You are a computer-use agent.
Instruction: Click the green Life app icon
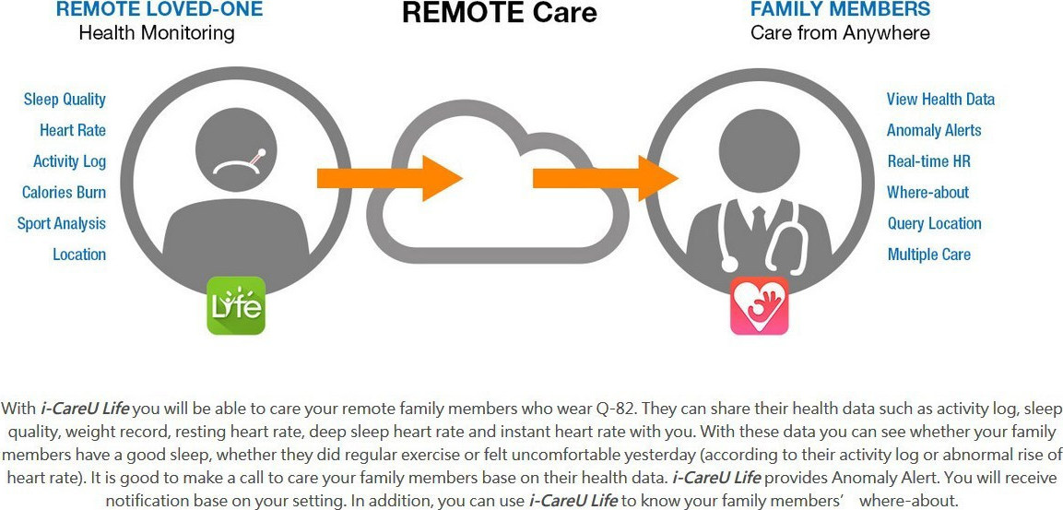click(235, 305)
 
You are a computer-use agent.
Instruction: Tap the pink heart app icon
click(760, 305)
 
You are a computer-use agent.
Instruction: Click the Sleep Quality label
click(65, 99)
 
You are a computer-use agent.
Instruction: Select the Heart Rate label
click(73, 130)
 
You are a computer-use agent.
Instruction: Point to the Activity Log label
click(69, 161)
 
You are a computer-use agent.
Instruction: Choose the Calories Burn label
click(64, 193)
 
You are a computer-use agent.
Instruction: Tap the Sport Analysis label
click(62, 224)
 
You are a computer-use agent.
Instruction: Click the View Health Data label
click(940, 99)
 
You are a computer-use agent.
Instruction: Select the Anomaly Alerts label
click(934, 130)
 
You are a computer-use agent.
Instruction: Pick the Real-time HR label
click(928, 161)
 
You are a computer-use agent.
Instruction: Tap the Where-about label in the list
click(927, 193)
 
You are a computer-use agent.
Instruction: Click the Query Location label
click(934, 224)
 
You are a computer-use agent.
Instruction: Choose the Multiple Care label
click(928, 255)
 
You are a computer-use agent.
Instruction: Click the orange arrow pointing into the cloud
click(390, 178)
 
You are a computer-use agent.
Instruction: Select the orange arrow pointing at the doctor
click(606, 178)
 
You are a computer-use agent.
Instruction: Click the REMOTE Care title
click(500, 13)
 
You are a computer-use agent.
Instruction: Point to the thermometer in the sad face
click(256, 158)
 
